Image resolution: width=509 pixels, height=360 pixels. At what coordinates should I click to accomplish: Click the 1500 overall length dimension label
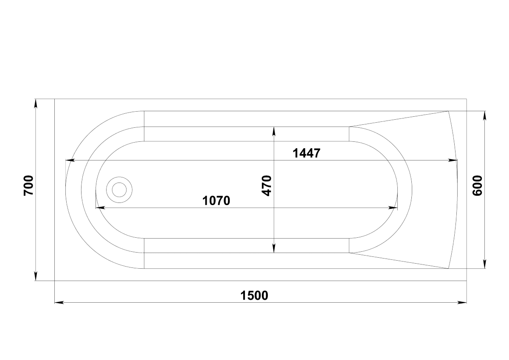[254, 295]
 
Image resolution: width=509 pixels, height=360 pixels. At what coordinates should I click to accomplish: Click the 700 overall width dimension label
[28, 186]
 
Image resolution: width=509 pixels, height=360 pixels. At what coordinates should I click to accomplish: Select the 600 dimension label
[477, 186]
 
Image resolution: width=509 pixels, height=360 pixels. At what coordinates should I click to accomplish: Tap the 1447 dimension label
[307, 153]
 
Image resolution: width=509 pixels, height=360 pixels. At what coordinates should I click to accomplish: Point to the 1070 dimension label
[216, 201]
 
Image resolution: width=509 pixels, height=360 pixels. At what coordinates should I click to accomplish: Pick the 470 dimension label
[267, 186]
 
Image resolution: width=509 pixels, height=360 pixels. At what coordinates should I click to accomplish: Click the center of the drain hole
[119, 190]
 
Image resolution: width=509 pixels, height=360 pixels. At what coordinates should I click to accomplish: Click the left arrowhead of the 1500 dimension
[59, 303]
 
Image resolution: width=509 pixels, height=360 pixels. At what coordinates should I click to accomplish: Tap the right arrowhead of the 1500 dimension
[462, 303]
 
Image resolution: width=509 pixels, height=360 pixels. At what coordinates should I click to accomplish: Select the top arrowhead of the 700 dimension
[35, 104]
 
